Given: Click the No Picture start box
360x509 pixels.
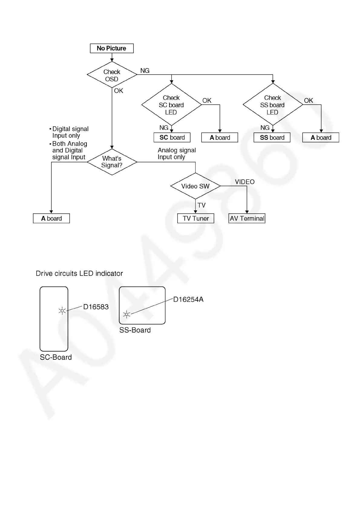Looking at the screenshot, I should point(112,48).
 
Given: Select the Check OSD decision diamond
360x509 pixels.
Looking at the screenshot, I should point(112,75).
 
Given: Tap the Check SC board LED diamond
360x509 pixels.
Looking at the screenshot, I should point(171,105).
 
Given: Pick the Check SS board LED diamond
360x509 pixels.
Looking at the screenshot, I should point(273,105).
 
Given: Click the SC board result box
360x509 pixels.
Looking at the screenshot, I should point(172,138).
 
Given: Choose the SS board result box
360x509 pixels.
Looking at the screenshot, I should point(272,138).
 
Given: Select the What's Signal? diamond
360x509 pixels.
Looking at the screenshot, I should point(112,162).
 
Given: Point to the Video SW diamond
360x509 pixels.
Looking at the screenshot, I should point(195,186).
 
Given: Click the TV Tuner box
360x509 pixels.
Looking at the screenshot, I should point(196,219).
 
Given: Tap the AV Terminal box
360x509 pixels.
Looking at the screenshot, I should point(247,219).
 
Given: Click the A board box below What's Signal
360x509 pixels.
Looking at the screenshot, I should point(51,219).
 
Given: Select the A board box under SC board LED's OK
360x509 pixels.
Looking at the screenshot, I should point(220,138).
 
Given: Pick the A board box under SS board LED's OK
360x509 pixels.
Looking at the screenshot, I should point(321,138).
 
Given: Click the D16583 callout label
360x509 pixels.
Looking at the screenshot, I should point(96,307).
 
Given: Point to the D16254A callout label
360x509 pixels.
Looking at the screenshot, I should point(188,300).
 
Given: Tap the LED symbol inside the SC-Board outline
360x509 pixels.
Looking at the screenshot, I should point(62,311).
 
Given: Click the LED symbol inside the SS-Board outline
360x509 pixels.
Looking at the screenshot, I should point(126,315).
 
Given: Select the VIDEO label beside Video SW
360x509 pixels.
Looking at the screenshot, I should point(245,182).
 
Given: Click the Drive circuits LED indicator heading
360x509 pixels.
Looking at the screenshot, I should point(79,274).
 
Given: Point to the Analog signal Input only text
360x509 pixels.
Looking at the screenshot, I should point(177,154).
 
